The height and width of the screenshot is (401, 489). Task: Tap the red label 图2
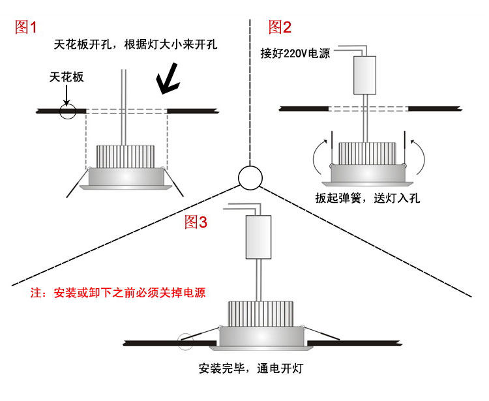(280, 27)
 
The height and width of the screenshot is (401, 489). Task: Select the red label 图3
(196, 222)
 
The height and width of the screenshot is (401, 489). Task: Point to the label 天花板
(67, 77)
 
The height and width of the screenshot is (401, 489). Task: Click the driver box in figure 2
(365, 74)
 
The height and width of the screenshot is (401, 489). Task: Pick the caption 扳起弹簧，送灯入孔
(367, 198)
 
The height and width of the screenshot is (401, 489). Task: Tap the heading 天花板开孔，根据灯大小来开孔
(136, 45)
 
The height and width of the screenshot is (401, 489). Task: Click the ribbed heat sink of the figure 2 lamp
(368, 153)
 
